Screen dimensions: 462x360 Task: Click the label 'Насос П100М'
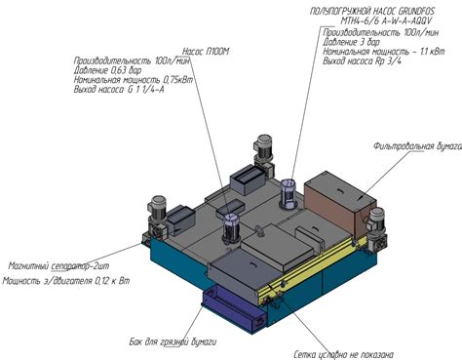(x=206, y=52)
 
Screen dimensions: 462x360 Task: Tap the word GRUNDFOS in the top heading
(x=416, y=11)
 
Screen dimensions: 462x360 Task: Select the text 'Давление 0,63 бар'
(x=108, y=70)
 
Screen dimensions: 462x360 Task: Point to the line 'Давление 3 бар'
(x=351, y=42)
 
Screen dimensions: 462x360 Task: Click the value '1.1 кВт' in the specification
(x=433, y=52)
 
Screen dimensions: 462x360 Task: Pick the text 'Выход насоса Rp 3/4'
(x=362, y=60)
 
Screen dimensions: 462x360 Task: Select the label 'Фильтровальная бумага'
(x=417, y=146)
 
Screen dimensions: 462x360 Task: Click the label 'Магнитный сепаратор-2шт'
(x=58, y=265)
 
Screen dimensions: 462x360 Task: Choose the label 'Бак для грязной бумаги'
(x=173, y=341)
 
